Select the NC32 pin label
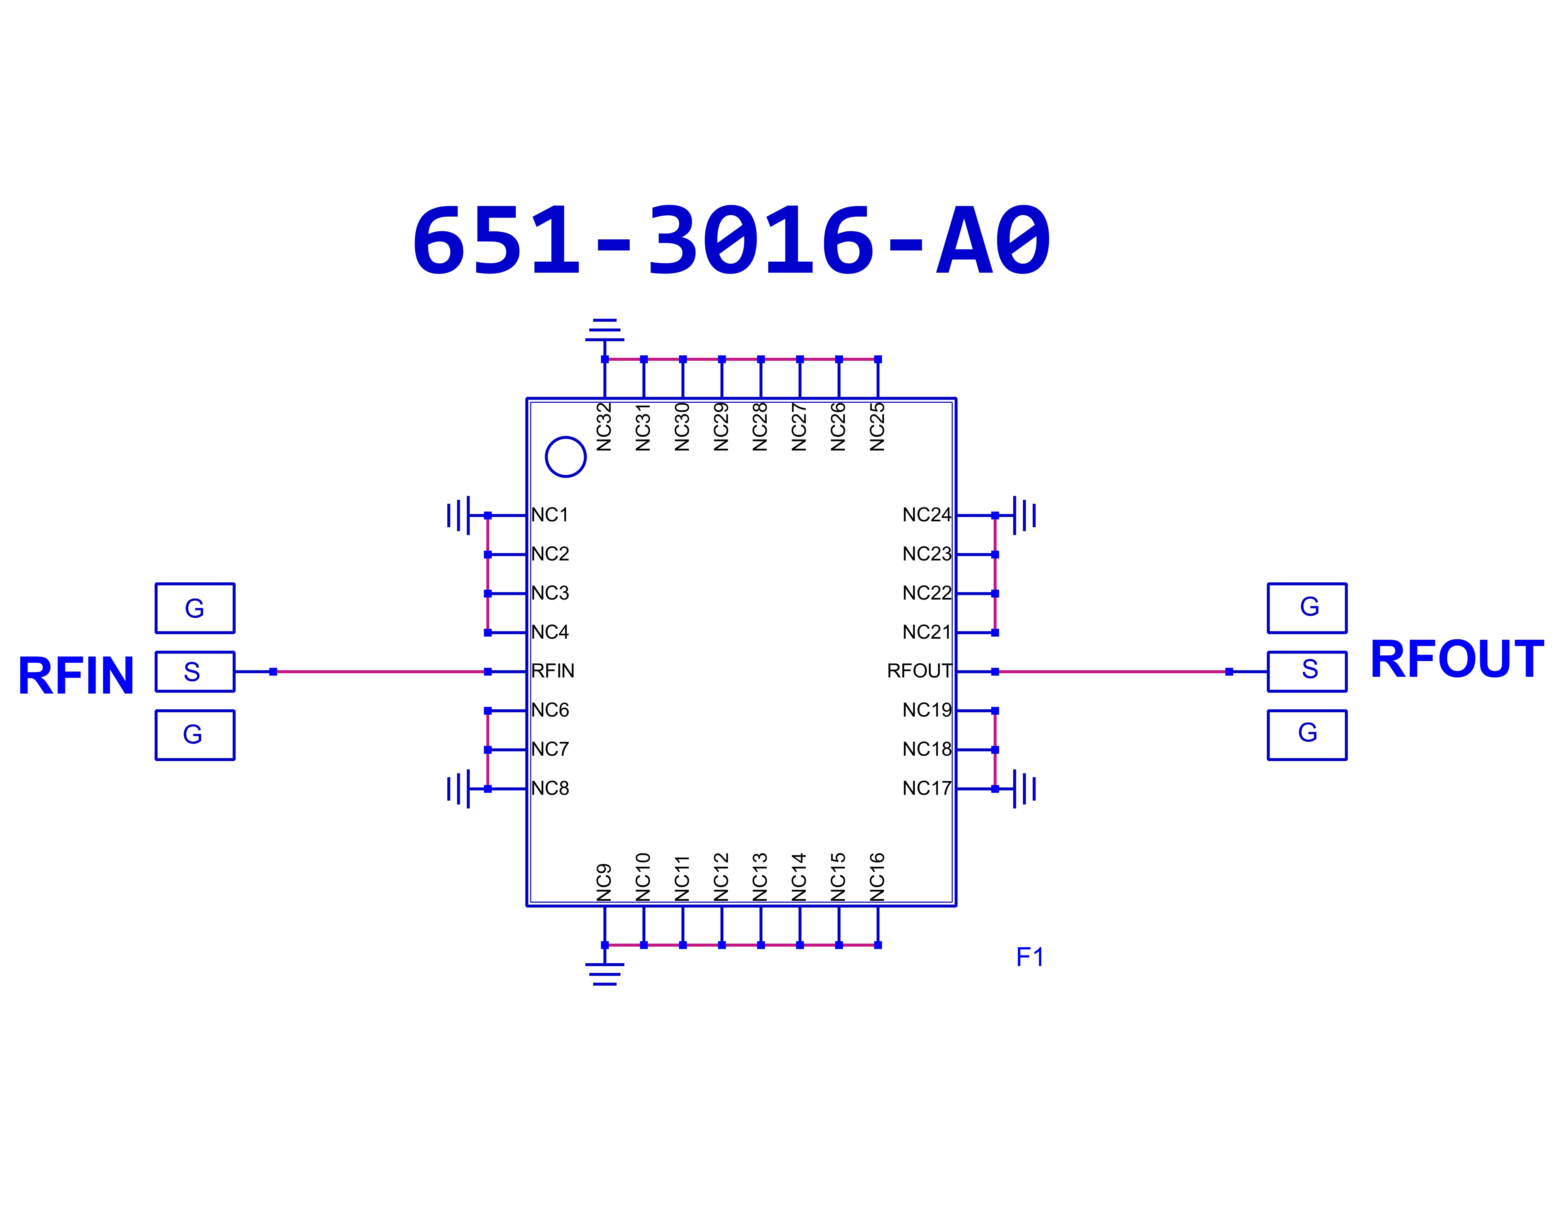pos(604,427)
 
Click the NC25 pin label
pos(877,427)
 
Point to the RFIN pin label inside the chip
pos(553,671)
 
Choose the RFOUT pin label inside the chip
pos(919,671)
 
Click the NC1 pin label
pos(550,515)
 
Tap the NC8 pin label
pos(550,788)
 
